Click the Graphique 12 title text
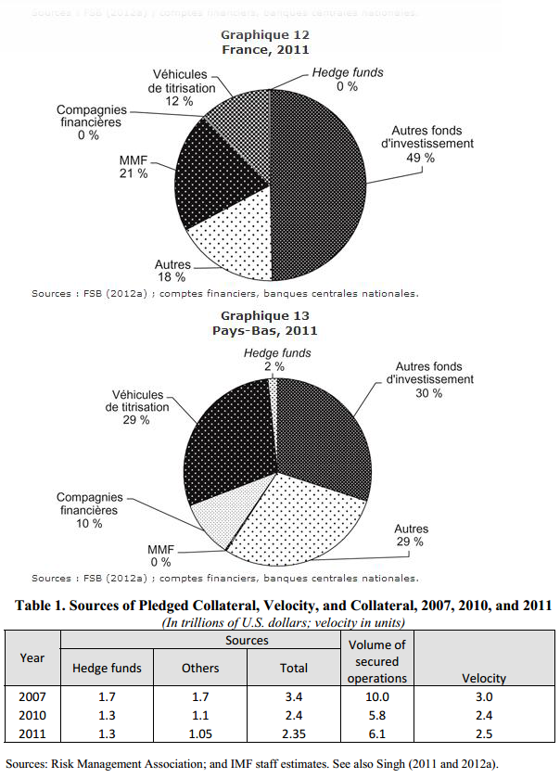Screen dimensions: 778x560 click(x=264, y=34)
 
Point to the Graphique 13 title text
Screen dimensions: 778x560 click(x=264, y=315)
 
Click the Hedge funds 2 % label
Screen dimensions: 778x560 click(x=277, y=360)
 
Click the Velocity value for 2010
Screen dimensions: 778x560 click(x=484, y=716)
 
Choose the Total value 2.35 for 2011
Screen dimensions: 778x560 click(x=294, y=734)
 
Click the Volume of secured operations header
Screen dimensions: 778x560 click(x=376, y=661)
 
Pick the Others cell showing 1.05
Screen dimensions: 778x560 click(x=199, y=734)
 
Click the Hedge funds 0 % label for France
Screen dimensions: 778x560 click(x=347, y=79)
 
